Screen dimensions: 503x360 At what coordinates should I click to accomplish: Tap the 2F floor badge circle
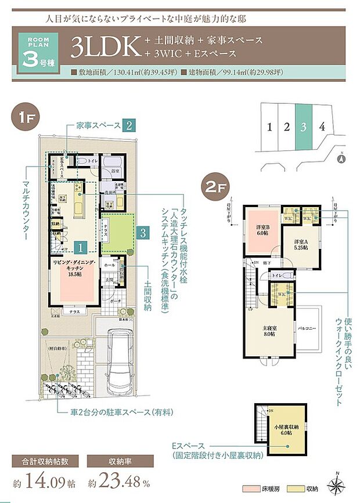(x=213, y=187)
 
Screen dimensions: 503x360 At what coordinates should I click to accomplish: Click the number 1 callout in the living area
(x=82, y=246)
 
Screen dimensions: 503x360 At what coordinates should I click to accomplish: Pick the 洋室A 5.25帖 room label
(x=301, y=244)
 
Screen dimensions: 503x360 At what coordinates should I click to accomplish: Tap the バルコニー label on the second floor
(x=307, y=329)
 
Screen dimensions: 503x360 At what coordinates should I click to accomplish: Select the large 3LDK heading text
(x=107, y=48)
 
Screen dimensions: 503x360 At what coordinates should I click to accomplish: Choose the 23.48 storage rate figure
(x=123, y=481)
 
